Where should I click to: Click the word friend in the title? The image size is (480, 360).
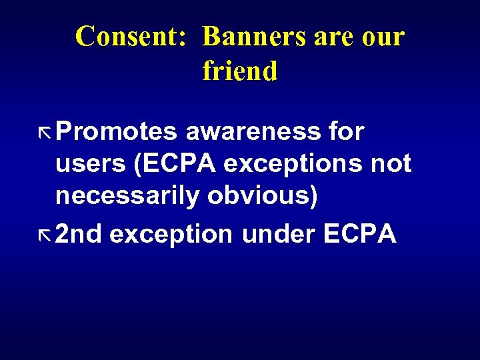pos(239,71)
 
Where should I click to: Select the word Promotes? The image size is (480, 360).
pos(116,133)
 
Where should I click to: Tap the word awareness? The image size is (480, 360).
pos(252,133)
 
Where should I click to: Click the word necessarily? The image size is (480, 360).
pos(127,197)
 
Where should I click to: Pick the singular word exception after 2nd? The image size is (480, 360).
pos(171,235)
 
